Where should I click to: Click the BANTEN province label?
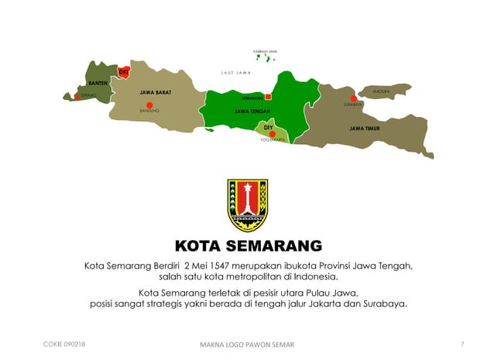point(98,82)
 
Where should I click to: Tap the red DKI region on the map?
point(123,72)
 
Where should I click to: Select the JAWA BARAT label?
point(156,92)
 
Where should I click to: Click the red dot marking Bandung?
point(150,105)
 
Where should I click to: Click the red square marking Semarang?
point(269,97)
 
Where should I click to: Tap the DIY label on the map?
point(269,125)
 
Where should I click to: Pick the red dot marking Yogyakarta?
point(273,134)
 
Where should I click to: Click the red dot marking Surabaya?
point(354,98)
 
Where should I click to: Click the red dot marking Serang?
point(77,97)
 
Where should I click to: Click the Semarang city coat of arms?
point(247,205)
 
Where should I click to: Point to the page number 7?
point(461,344)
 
